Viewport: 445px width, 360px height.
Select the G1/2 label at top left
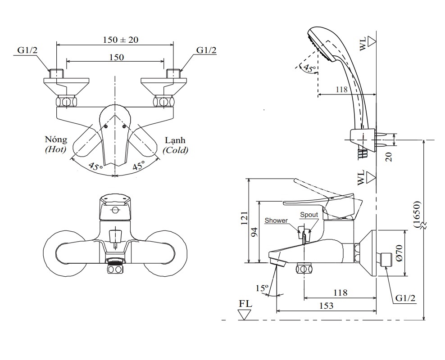click(x=28, y=50)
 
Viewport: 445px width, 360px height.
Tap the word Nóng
click(x=56, y=140)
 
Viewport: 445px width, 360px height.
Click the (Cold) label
click(x=176, y=150)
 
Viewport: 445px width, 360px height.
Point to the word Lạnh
click(x=175, y=140)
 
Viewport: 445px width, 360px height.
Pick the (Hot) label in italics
click(x=56, y=150)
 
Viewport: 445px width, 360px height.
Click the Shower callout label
click(x=276, y=220)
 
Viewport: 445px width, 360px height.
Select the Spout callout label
click(x=309, y=215)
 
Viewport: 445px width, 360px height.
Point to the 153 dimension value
click(x=327, y=306)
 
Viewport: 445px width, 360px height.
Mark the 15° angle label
click(x=262, y=288)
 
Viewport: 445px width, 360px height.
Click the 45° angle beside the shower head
click(x=309, y=68)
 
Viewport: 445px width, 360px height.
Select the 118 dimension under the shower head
click(x=341, y=90)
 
